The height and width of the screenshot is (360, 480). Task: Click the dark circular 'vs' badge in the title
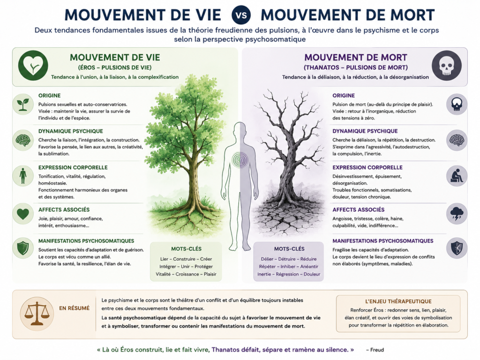point(241,15)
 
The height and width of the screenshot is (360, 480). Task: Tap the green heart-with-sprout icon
point(33,66)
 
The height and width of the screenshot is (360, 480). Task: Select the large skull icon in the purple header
point(447,66)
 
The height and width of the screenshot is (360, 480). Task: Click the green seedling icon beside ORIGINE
point(23,105)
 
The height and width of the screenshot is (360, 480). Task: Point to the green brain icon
point(23,140)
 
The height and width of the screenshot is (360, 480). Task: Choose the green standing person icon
point(23,176)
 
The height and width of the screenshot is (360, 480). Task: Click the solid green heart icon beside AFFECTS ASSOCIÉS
point(23,214)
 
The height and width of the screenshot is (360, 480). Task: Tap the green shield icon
point(23,248)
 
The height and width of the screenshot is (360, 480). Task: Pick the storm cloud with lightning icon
point(457,214)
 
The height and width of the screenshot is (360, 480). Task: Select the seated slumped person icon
point(457,176)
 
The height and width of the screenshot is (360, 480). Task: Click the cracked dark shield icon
point(457,248)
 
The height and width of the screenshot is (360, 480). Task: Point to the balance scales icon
point(37,314)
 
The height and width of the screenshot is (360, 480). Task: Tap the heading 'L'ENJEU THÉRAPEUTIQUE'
point(398,301)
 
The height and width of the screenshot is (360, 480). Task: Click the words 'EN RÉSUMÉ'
point(75,308)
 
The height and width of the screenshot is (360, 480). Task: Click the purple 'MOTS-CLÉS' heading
point(289,249)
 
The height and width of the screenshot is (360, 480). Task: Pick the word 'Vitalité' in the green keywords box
point(163,274)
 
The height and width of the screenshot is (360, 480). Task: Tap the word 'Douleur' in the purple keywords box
point(312,274)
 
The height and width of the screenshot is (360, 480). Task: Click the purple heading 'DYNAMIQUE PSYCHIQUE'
point(365,131)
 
